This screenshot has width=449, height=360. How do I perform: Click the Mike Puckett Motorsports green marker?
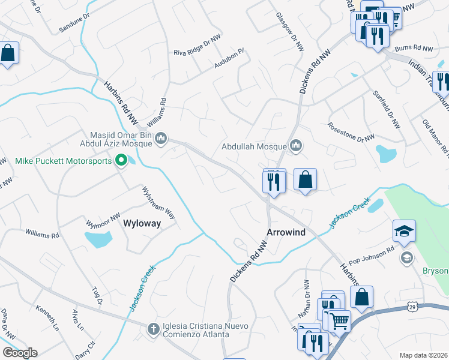coord(120,160)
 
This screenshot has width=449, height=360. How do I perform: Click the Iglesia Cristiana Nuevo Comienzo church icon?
coord(153,329)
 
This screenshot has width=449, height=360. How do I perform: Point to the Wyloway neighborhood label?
coord(142,224)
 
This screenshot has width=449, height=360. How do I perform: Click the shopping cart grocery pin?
coord(337,320)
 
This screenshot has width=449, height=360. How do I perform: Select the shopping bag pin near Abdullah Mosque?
coord(305,179)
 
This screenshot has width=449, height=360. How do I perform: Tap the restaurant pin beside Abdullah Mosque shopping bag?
coord(274,181)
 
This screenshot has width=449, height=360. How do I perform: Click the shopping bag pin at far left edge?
coord(8,54)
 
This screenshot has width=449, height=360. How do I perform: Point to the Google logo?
coord(19,353)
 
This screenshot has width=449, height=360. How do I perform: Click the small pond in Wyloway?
coord(98,239)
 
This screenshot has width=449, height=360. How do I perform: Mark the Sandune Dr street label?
coord(74,24)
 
